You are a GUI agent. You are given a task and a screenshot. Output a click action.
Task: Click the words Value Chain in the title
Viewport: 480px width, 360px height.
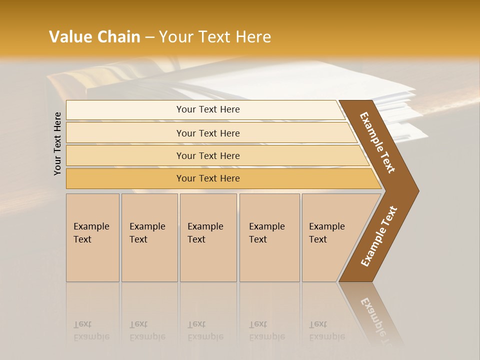(94, 37)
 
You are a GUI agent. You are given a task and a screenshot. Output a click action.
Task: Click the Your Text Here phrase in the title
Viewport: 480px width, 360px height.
(215, 37)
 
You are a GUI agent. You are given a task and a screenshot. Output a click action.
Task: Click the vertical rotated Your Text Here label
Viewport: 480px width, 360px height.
(57, 143)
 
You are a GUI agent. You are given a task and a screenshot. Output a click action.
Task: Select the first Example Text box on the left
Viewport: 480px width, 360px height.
(92, 237)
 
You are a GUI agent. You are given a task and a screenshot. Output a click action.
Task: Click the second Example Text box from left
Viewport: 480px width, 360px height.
(149, 237)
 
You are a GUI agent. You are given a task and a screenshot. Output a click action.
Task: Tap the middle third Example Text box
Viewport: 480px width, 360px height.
(208, 237)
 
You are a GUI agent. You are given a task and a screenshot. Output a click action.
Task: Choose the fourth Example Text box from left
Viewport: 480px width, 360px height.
(269, 237)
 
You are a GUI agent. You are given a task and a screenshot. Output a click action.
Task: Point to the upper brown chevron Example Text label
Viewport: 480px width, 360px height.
(378, 142)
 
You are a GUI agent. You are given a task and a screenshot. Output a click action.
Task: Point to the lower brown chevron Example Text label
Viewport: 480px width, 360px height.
(379, 236)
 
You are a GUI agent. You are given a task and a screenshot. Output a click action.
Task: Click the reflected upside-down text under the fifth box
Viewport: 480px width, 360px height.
(326, 330)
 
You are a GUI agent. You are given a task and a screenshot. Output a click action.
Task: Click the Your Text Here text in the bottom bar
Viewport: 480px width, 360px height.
(208, 178)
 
